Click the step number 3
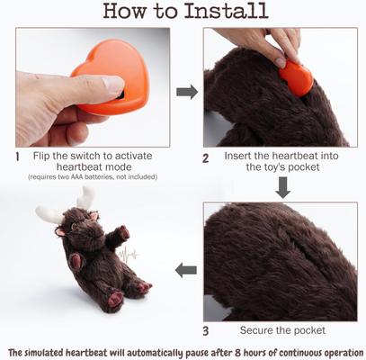coord(206,329)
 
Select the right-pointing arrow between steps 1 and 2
coord(187,92)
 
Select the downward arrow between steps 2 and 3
coord(282,188)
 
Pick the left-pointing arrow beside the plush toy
coord(186,268)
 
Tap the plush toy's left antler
coord(49,214)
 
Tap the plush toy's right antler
coord(87,198)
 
